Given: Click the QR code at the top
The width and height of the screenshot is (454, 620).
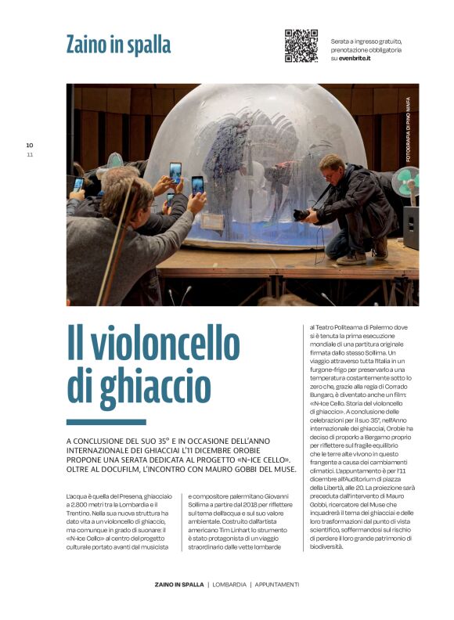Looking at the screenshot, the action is [301, 45].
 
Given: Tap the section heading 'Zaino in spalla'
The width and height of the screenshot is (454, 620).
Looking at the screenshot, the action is [118, 45].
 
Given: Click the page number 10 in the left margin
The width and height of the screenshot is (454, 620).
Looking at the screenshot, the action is [30, 145].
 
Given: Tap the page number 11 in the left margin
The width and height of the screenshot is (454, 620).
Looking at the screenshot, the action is [30, 154].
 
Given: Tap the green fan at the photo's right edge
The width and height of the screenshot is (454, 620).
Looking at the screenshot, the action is [405, 185].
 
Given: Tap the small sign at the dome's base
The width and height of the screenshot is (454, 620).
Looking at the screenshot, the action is [212, 221].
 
